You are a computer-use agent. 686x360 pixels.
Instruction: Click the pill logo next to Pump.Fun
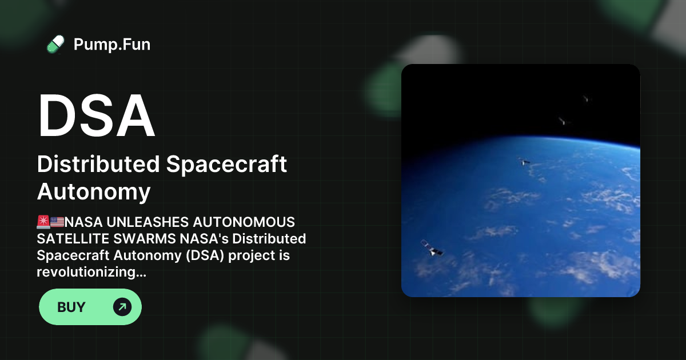55,44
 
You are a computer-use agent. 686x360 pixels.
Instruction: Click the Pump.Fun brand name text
112,44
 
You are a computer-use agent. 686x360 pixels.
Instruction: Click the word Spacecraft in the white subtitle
226,165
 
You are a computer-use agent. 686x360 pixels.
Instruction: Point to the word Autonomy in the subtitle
94,192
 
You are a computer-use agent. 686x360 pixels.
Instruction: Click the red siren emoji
43,222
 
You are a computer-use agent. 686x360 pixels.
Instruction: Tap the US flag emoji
57,222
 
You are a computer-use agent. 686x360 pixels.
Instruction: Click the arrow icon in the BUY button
122,307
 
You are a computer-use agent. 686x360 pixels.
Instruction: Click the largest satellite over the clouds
432,248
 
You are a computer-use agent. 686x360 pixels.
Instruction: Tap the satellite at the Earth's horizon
524,162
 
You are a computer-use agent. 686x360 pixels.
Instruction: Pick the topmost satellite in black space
585,98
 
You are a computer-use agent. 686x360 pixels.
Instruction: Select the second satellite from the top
563,121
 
